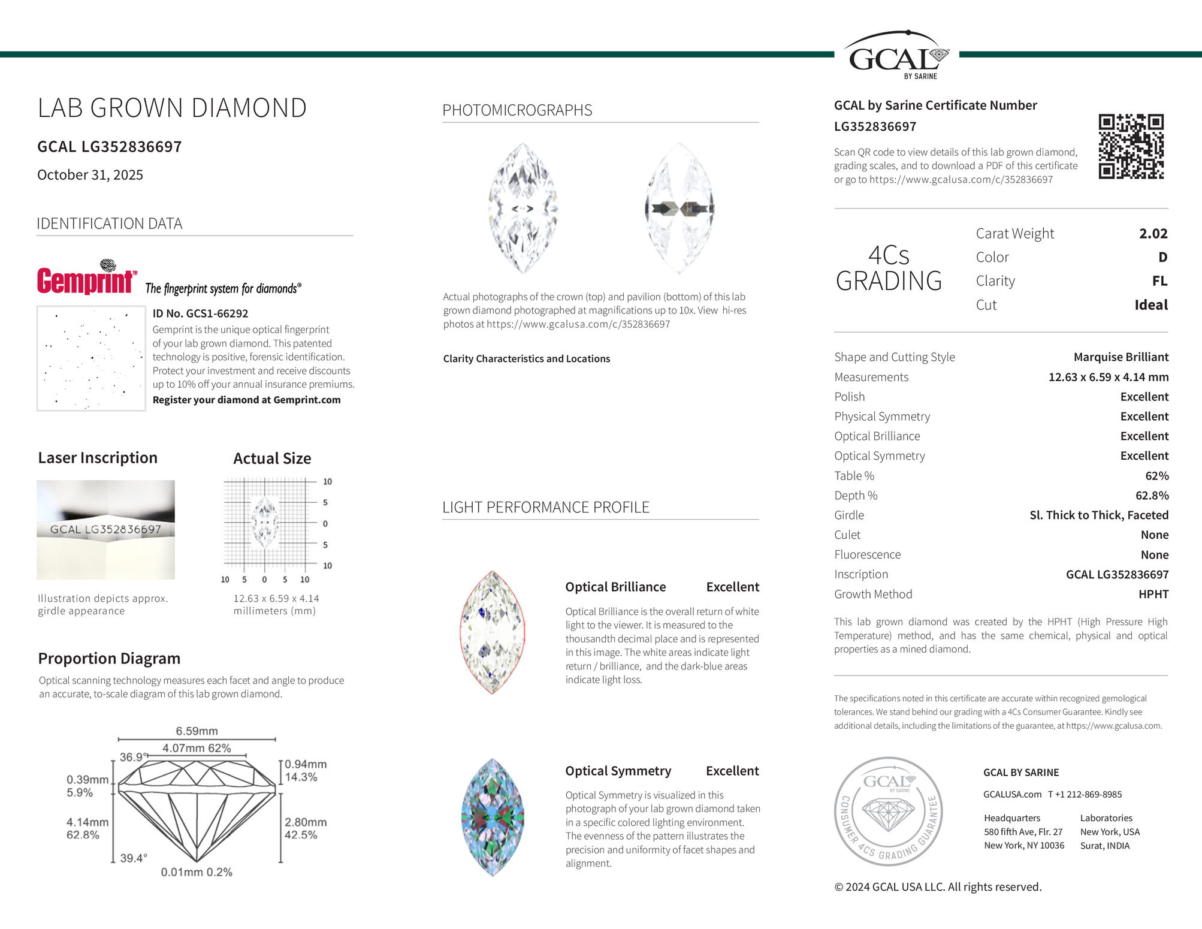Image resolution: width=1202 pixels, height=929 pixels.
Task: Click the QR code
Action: pyautogui.click(x=1131, y=146)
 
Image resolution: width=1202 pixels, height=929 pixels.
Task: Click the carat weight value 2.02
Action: pyautogui.click(x=1153, y=234)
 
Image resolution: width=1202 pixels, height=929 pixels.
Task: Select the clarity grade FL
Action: pyautogui.click(x=1159, y=281)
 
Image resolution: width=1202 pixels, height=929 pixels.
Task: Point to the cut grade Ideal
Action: pyautogui.click(x=1150, y=305)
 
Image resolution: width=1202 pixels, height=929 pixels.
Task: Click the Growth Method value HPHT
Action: pyautogui.click(x=1153, y=594)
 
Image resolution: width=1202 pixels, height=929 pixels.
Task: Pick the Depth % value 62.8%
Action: pyautogui.click(x=1152, y=496)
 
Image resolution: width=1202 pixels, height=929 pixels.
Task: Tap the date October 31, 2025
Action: pyautogui.click(x=90, y=175)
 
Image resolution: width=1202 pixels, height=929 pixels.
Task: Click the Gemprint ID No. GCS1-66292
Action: pyautogui.click(x=200, y=313)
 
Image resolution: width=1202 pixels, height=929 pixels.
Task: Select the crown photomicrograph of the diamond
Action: pyautogui.click(x=523, y=208)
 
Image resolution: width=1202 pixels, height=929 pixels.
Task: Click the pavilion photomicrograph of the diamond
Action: pyautogui.click(x=679, y=208)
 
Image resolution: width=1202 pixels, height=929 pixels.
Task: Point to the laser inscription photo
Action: pyautogui.click(x=105, y=529)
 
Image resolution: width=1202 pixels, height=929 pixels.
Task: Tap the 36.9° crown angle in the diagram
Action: pyautogui.click(x=131, y=757)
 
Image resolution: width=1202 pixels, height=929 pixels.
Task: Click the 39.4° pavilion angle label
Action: pyautogui.click(x=133, y=858)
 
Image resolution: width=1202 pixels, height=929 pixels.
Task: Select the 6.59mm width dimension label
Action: pyautogui.click(x=197, y=731)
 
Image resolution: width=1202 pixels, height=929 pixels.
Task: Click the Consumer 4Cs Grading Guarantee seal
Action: pyautogui.click(x=888, y=811)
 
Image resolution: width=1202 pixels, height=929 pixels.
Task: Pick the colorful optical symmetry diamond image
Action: pyautogui.click(x=493, y=817)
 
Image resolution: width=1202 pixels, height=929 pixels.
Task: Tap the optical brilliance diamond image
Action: pyautogui.click(x=493, y=632)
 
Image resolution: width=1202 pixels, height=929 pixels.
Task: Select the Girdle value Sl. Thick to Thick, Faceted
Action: pyautogui.click(x=1098, y=515)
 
